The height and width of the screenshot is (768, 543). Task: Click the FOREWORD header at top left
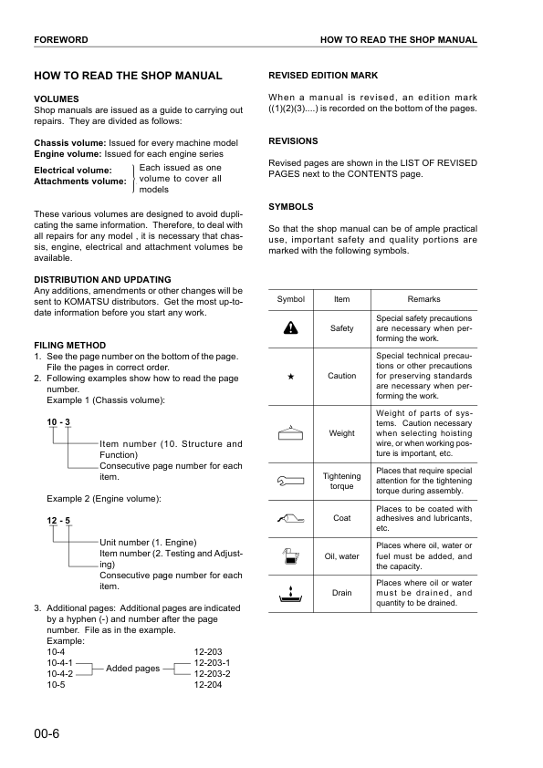tap(61, 40)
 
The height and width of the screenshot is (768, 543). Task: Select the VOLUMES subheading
tap(57, 99)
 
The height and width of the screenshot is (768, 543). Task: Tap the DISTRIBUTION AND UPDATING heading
tap(102, 279)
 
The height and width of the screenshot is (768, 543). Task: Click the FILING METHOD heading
tap(69, 345)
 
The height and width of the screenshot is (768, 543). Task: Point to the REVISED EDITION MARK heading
tap(323, 75)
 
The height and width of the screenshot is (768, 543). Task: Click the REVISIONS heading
tap(293, 141)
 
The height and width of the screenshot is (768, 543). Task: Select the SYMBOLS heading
tap(290, 207)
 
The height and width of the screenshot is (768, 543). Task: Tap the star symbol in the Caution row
tap(290, 376)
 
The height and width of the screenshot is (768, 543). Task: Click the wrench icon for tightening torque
tap(290, 476)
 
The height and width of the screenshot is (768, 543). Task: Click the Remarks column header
tap(423, 299)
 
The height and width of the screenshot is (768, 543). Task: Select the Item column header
tap(341, 299)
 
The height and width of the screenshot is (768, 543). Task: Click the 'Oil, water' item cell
tap(341, 556)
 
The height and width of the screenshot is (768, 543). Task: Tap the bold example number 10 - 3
tap(59, 420)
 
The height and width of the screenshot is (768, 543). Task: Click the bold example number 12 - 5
tap(59, 520)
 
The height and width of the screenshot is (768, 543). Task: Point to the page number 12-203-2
tap(212, 674)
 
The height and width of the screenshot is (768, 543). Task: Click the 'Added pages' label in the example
tap(133, 669)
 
